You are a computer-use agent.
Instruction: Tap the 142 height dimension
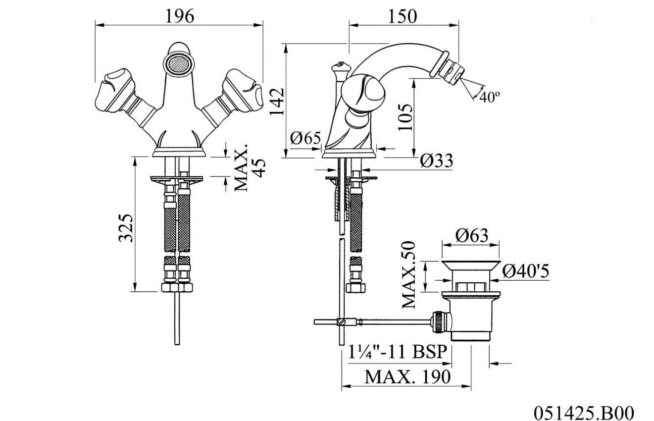point(277,102)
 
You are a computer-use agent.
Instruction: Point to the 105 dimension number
point(404,116)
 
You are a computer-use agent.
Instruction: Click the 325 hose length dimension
point(126,228)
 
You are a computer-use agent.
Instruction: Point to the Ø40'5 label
point(525,271)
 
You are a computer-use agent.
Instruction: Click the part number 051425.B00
point(583,412)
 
